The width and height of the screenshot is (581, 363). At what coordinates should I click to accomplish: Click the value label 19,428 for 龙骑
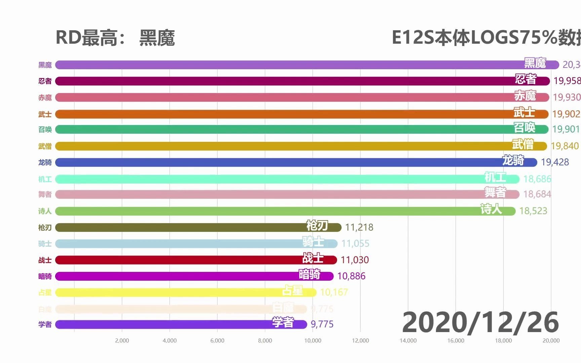[555, 162]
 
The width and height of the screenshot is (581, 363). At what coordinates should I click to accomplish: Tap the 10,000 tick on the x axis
[313, 340]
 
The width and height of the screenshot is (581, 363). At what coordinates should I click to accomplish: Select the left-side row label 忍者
[45, 81]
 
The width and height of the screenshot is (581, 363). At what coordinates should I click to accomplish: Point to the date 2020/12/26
[480, 322]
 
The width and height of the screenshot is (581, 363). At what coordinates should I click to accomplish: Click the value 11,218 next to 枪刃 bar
[359, 227]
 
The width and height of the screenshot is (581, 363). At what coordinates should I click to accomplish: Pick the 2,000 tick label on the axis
[122, 340]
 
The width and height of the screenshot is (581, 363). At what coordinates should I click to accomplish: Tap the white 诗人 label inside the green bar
[491, 209]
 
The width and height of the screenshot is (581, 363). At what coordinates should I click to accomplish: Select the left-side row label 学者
[45, 324]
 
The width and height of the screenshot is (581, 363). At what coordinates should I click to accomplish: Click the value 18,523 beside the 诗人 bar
[533, 211]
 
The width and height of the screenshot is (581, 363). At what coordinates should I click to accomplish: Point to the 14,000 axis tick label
[408, 340]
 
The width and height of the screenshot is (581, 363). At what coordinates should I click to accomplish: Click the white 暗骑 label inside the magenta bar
[310, 274]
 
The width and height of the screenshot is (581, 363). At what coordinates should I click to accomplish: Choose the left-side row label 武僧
[45, 146]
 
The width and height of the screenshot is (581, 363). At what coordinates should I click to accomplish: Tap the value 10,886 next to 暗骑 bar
[351, 276]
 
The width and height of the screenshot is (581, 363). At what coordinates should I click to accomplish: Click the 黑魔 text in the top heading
[157, 38]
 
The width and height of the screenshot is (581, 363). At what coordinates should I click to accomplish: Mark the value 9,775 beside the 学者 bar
[322, 324]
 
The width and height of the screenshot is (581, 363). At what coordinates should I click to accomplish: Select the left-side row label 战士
[45, 260]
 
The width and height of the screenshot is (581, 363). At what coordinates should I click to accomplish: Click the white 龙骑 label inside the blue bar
[513, 160]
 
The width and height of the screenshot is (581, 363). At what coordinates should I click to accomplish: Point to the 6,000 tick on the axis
[217, 340]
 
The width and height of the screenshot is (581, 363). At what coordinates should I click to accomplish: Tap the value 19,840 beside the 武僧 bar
[565, 146]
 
